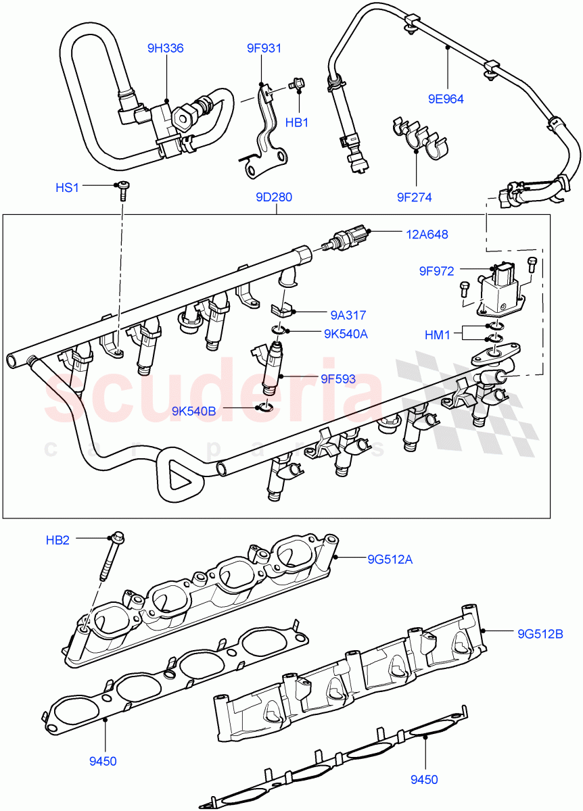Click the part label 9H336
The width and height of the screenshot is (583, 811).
(166, 48)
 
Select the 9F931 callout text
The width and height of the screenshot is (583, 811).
(263, 48)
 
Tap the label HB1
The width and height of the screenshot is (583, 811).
(296, 122)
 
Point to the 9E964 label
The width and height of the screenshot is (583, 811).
(446, 98)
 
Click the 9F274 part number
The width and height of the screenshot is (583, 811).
(414, 197)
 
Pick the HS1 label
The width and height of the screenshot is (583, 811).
(68, 187)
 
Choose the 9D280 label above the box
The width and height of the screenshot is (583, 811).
(274, 197)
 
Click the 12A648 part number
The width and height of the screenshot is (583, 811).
(427, 235)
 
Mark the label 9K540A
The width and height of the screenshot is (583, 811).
(345, 333)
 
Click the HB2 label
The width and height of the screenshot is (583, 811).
(58, 539)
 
